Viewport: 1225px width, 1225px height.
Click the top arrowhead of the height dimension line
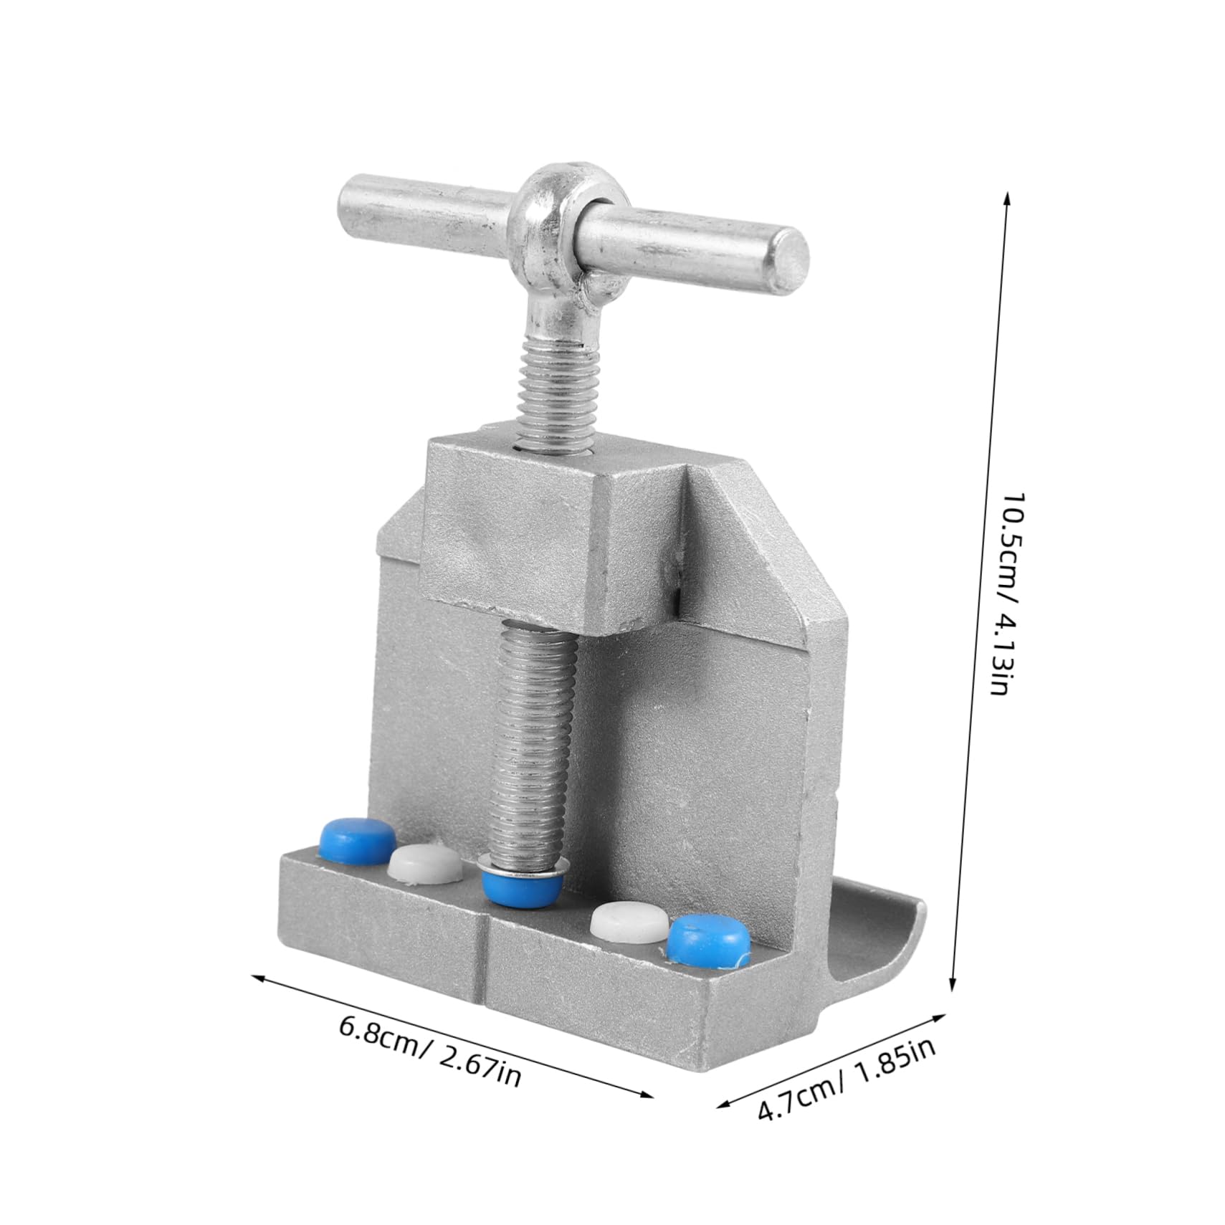click(x=1008, y=196)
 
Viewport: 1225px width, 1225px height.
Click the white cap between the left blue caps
click(x=425, y=861)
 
